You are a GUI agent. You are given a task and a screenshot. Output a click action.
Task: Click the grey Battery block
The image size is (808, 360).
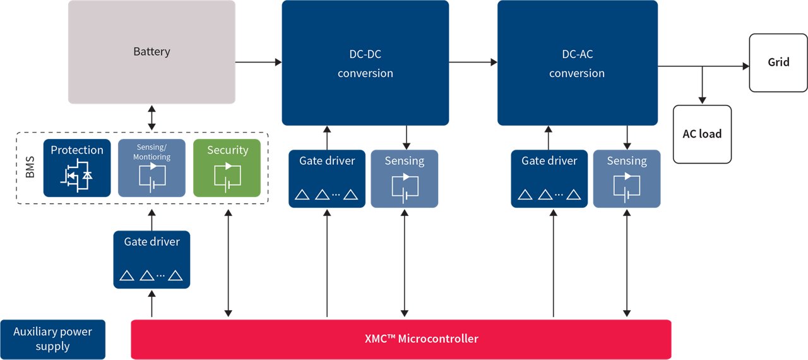151,52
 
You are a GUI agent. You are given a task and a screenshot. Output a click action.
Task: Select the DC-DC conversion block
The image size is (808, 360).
365,63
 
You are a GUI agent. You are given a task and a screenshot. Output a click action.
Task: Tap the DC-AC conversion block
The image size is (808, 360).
577,63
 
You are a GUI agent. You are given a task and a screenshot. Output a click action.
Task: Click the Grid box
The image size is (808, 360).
778,63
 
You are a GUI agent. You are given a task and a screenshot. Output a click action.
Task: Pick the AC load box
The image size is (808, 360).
702,134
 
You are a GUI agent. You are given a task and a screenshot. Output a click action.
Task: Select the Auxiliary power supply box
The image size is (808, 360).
53,339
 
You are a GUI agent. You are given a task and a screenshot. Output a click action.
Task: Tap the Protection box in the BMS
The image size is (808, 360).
77,168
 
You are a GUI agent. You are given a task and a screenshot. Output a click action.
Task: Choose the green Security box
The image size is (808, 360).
227,168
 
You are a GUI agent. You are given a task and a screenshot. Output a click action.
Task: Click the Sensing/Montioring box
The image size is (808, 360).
151,168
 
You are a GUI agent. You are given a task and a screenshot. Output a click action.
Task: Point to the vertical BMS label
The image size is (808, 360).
30,169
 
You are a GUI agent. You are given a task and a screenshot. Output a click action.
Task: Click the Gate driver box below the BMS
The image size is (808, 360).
151,260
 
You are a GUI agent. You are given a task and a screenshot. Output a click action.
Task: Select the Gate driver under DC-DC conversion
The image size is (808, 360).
327,179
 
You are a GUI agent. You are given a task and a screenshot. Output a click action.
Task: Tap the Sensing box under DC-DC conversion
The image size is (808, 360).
405,179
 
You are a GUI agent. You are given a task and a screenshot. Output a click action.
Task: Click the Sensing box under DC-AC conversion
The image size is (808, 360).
627,179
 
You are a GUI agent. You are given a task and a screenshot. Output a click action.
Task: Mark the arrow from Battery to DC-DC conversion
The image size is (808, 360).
258,62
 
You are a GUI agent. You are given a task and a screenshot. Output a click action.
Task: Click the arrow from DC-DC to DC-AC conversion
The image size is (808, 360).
473,62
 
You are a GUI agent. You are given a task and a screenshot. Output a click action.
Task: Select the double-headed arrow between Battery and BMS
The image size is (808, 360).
151,117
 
